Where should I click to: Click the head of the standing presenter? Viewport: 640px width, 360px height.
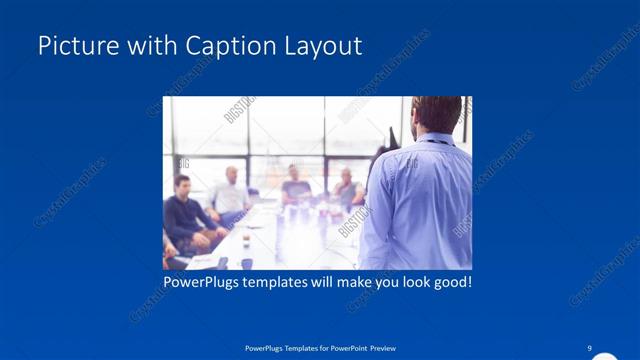[436, 114]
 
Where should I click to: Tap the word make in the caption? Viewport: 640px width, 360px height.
[351, 283]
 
